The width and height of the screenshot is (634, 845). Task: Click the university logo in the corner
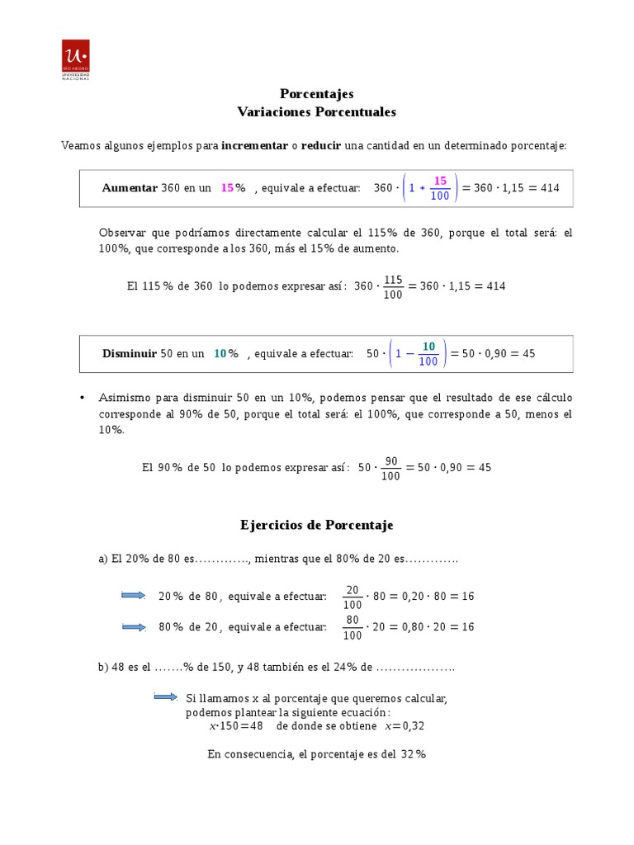(x=76, y=60)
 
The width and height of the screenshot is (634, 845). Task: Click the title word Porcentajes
(x=316, y=94)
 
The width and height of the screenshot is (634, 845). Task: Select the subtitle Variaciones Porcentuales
(x=316, y=111)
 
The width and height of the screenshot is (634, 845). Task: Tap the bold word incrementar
(x=254, y=145)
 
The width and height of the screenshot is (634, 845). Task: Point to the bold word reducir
(x=321, y=145)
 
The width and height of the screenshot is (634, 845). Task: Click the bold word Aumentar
(x=130, y=188)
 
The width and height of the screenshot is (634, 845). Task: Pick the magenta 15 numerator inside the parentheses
(x=440, y=180)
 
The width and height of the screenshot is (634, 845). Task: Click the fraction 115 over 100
(x=394, y=287)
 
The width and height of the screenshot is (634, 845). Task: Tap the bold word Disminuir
(x=130, y=353)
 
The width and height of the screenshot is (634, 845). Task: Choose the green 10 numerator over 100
(x=428, y=346)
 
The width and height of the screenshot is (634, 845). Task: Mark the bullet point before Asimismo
(x=82, y=398)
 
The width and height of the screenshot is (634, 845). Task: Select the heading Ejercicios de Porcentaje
(x=316, y=525)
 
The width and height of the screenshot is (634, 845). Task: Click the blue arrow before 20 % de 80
(x=134, y=596)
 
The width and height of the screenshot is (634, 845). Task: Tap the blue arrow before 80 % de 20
(x=134, y=627)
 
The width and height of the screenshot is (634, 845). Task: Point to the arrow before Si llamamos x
(x=166, y=697)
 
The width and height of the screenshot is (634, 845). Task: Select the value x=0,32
(x=405, y=726)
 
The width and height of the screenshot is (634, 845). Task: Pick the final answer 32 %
(x=413, y=754)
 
